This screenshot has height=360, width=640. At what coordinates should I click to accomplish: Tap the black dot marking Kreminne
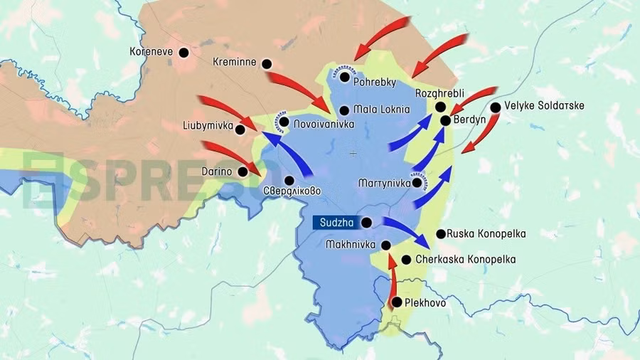(x=267, y=63)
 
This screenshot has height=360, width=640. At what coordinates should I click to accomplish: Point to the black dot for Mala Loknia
(x=344, y=110)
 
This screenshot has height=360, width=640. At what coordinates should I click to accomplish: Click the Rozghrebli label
(x=439, y=94)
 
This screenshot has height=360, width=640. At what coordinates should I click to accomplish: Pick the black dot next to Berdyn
(x=445, y=120)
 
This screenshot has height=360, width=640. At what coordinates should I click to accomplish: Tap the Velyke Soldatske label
(x=544, y=106)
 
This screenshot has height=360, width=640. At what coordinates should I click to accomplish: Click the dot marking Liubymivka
(x=240, y=129)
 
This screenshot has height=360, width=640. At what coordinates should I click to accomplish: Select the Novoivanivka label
(x=324, y=122)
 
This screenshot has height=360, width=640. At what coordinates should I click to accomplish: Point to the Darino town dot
(x=242, y=171)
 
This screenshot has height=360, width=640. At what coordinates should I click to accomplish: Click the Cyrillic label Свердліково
(x=292, y=191)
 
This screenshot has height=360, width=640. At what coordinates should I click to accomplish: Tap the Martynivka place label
(x=385, y=183)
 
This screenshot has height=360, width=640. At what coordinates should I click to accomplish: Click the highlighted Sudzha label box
(x=333, y=223)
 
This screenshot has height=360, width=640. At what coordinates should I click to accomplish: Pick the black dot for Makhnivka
(x=385, y=245)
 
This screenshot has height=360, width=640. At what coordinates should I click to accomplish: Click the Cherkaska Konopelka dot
(x=406, y=260)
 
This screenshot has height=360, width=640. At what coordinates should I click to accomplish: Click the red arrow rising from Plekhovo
(x=393, y=281)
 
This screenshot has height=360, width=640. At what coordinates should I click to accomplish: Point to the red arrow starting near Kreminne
(x=299, y=89)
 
